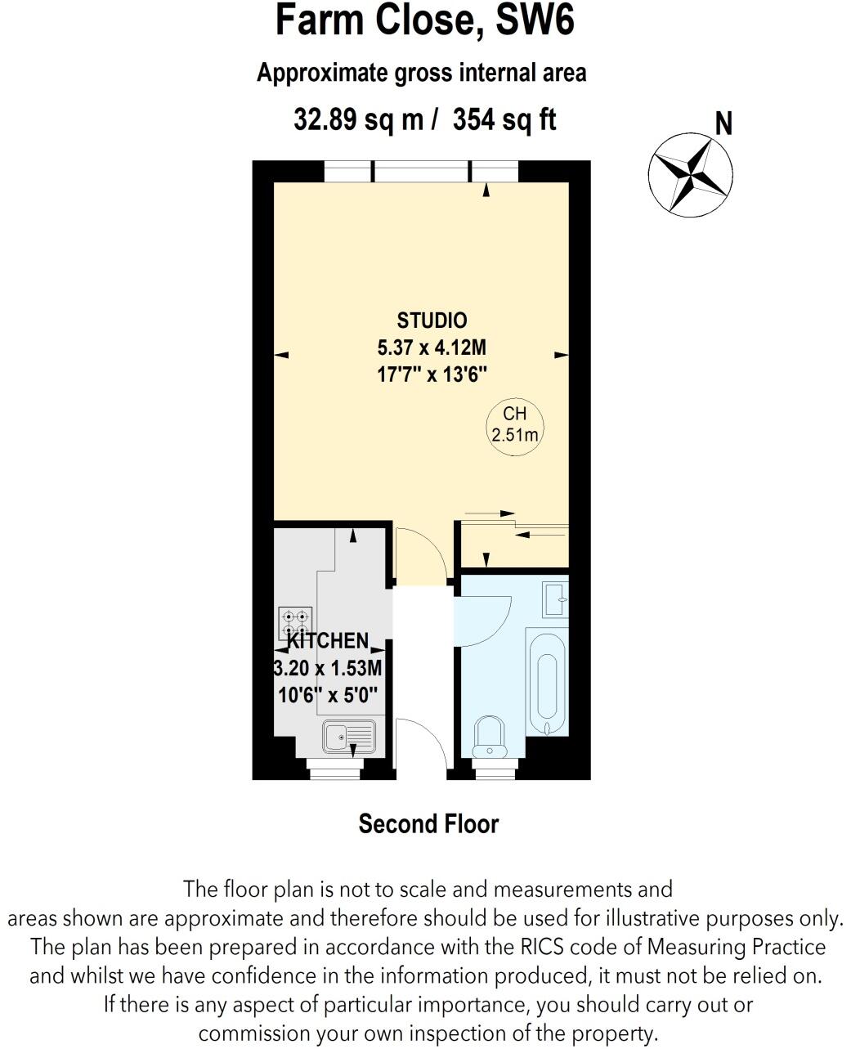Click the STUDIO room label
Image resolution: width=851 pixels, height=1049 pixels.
pyautogui.click(x=432, y=320)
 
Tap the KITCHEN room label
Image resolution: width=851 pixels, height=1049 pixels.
pyautogui.click(x=328, y=640)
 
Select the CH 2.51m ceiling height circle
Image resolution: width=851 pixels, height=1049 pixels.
pyautogui.click(x=515, y=424)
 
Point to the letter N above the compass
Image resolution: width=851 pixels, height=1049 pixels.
pyautogui.click(x=723, y=124)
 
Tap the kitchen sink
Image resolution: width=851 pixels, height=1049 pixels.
pyautogui.click(x=348, y=736)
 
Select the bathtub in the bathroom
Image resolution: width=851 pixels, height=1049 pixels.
pyautogui.click(x=546, y=684)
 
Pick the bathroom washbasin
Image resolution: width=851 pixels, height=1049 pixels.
pyautogui.click(x=556, y=598)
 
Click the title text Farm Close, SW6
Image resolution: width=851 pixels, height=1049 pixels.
pyautogui.click(x=425, y=21)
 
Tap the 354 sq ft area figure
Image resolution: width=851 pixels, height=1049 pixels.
pyautogui.click(x=504, y=120)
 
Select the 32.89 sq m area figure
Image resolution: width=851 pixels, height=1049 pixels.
pyautogui.click(x=359, y=120)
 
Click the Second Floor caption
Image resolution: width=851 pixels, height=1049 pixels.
pyautogui.click(x=428, y=823)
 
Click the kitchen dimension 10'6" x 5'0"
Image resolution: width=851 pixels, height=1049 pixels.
pyautogui.click(x=328, y=697)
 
